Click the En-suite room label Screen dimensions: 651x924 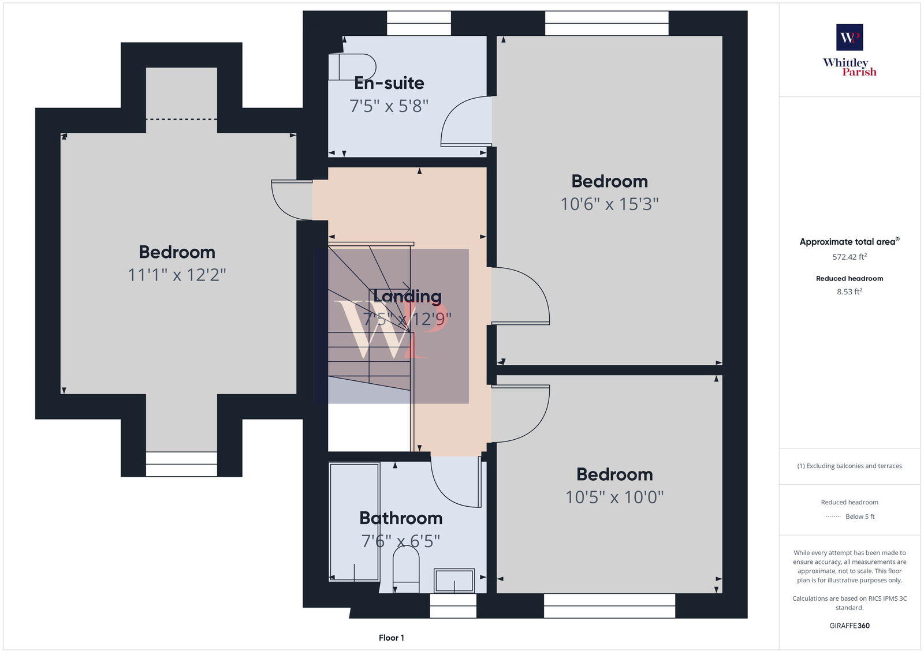point(389,83)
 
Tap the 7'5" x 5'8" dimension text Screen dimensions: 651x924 point(389,106)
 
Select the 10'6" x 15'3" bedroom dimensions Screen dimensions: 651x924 point(609,204)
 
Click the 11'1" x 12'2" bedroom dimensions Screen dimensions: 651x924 point(177,275)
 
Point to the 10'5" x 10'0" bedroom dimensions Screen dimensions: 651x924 point(614,497)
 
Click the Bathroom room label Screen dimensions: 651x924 point(401,518)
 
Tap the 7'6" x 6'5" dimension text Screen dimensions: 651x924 point(401,541)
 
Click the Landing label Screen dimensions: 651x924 point(407,296)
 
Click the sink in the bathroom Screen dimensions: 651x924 point(454,581)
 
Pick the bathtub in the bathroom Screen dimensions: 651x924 point(354,521)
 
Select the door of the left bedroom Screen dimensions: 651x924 point(292,200)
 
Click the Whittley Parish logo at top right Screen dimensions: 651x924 point(850,51)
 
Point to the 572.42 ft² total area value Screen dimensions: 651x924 point(850,257)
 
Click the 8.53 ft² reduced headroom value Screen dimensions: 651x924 point(850,292)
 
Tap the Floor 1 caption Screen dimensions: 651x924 point(392,638)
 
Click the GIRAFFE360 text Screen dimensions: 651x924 point(850,626)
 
